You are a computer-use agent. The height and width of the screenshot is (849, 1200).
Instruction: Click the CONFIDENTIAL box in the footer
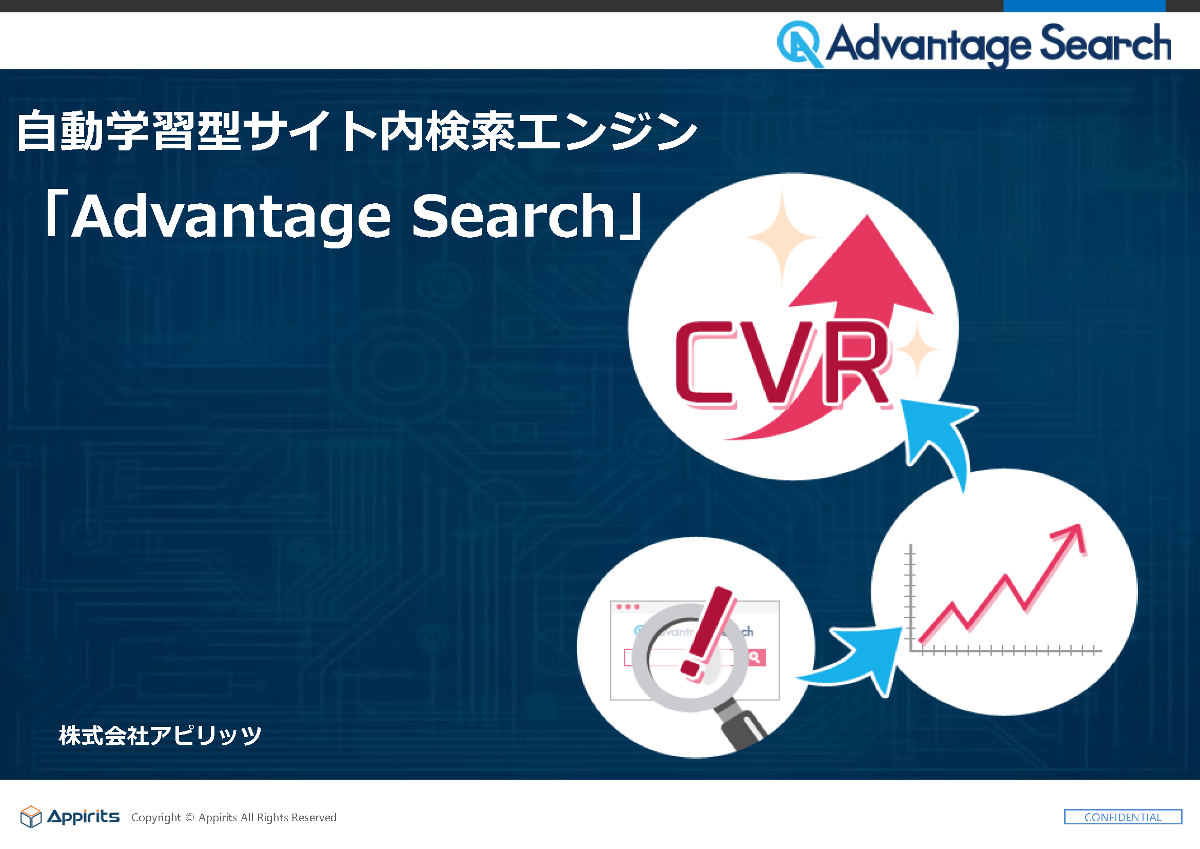click(x=1123, y=817)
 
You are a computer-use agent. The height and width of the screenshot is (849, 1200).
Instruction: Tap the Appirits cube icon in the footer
click(x=31, y=817)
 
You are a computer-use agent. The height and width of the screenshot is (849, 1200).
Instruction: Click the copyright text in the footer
click(x=233, y=817)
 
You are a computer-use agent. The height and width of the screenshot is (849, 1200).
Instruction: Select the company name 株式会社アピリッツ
click(x=160, y=736)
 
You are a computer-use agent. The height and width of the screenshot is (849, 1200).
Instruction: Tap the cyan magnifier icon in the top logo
click(x=800, y=44)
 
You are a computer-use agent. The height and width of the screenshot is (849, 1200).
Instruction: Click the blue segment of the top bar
click(x=1084, y=6)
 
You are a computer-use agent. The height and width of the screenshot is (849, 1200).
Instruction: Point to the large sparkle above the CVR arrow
click(x=782, y=236)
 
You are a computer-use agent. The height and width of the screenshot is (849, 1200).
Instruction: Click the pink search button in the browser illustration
click(x=756, y=657)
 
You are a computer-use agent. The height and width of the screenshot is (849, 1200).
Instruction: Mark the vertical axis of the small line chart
click(x=911, y=597)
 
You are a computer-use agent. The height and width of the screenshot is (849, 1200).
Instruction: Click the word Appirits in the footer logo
click(x=84, y=817)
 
